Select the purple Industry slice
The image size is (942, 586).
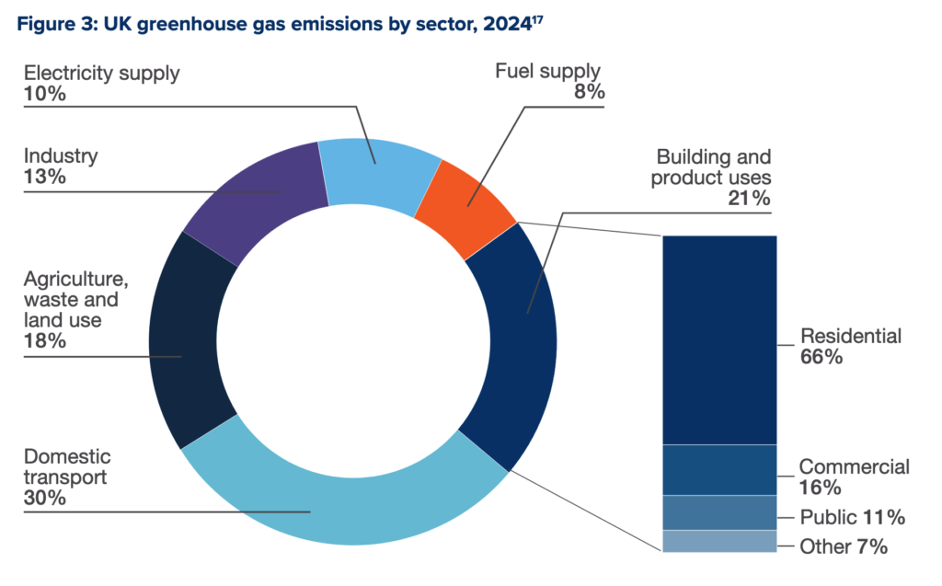pos(258,198)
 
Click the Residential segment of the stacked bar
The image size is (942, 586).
pos(719,340)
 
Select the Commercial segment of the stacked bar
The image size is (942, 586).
pos(719,469)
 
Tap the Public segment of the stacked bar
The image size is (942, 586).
pos(719,512)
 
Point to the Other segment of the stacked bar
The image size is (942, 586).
pos(719,541)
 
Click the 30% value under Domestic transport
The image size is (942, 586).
pos(44,500)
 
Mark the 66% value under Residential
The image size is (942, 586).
pos(821,358)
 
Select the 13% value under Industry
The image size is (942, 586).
pos(44,177)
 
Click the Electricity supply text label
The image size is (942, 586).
pos(102,73)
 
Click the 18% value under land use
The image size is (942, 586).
pos(44,341)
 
